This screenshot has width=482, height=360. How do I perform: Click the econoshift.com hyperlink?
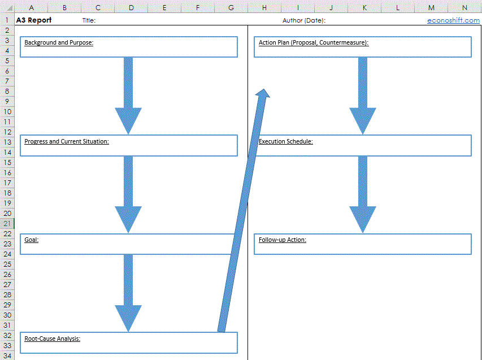[453, 20]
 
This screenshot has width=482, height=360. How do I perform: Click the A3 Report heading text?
[34, 20]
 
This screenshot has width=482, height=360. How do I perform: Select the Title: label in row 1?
[89, 20]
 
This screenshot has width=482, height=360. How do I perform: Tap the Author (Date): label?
[303, 20]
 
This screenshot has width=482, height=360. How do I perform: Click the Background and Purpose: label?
[59, 42]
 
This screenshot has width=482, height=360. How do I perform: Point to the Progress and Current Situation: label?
[67, 141]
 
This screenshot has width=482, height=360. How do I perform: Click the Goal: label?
[31, 240]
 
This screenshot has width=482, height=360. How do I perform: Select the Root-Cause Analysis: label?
[52, 339]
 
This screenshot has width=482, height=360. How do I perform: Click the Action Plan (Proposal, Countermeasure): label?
[314, 42]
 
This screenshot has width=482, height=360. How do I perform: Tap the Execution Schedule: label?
[285, 141]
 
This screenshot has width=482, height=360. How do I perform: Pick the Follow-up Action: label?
[282, 240]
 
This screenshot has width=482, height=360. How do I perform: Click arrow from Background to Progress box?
[128, 96]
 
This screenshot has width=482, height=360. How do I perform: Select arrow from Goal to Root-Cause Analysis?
[128, 293]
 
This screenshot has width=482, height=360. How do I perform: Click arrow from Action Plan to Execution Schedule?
[363, 96]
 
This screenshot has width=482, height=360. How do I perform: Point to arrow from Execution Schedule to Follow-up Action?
[363, 194]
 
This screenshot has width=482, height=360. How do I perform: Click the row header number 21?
[7, 223]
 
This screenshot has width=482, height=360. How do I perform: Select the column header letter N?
[464, 8]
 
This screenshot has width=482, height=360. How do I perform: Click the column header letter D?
[131, 8]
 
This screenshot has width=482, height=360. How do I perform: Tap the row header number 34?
[7, 355]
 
